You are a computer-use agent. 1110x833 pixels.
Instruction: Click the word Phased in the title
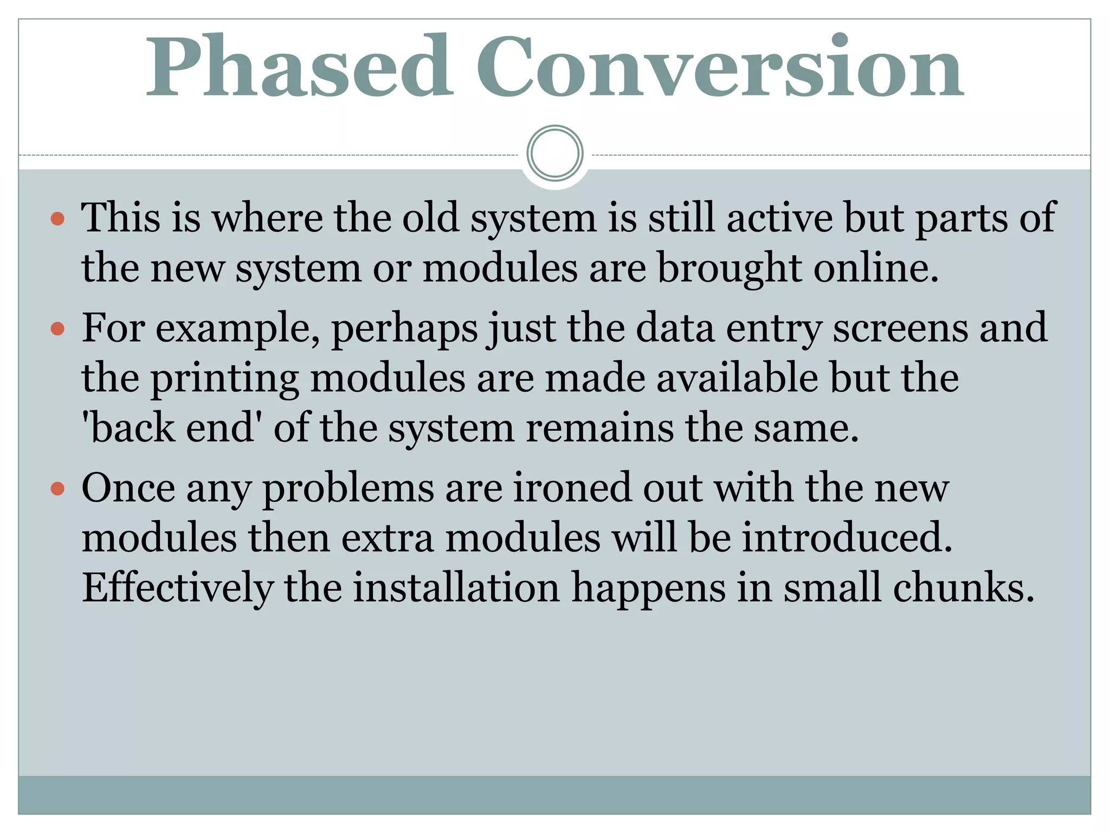pos(299,67)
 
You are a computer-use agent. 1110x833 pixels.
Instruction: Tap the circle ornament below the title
pos(554,153)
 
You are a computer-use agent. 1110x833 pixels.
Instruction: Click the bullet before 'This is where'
pos(57,219)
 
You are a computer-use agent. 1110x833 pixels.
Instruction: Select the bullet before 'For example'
pos(57,329)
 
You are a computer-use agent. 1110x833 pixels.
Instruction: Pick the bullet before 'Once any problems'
pos(57,489)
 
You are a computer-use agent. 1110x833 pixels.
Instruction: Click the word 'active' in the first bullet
pos(779,218)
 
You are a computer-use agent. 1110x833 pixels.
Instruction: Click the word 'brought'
pos(729,270)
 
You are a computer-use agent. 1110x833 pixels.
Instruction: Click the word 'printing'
pos(224,379)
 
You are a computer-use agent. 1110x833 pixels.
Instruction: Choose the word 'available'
pos(737,378)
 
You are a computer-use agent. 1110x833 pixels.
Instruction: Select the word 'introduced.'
pos(847,537)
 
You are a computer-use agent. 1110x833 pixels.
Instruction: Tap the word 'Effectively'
pos(178,588)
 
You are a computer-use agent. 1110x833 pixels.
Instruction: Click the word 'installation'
pos(456,588)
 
